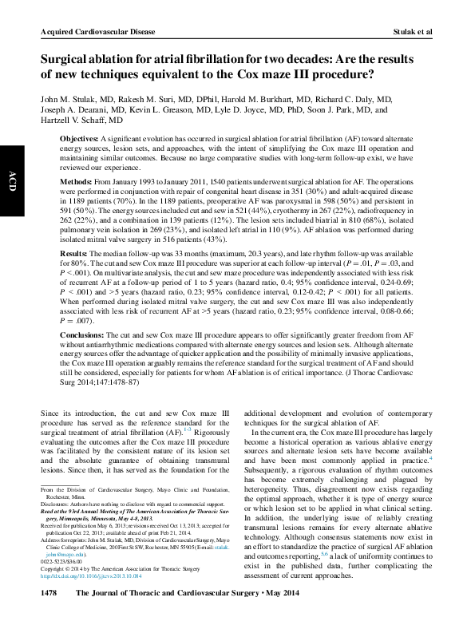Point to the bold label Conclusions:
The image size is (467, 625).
point(85,336)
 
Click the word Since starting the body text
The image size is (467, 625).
point(50,412)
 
